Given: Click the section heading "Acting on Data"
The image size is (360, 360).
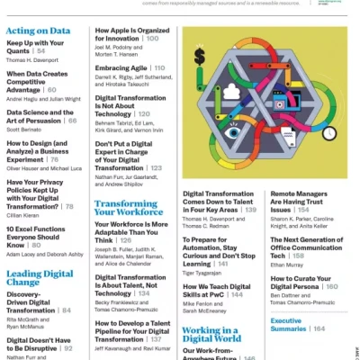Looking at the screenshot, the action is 38,31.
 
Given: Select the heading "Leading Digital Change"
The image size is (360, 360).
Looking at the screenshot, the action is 40,277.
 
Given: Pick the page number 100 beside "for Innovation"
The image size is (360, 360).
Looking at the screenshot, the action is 152,40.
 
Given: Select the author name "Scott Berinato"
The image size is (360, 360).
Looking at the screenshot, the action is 25,130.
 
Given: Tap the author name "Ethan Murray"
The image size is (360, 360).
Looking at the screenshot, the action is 290,265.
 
